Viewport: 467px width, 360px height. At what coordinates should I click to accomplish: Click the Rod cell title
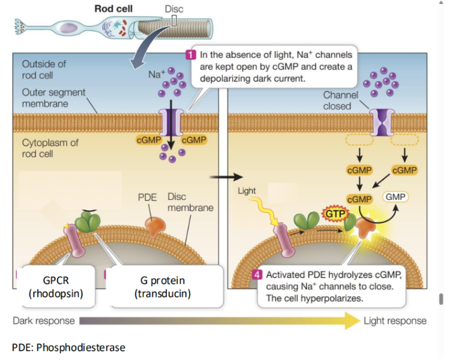point(113,8)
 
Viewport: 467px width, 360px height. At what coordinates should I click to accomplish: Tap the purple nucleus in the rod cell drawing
point(70,28)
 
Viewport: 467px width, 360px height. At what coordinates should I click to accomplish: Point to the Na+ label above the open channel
point(157,75)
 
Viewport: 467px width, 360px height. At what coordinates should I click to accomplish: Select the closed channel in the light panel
point(382,121)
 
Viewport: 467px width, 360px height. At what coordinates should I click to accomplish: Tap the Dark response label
point(44,321)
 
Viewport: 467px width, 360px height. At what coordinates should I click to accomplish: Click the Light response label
point(395,321)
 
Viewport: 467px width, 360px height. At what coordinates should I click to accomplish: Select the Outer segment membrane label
point(54,98)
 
